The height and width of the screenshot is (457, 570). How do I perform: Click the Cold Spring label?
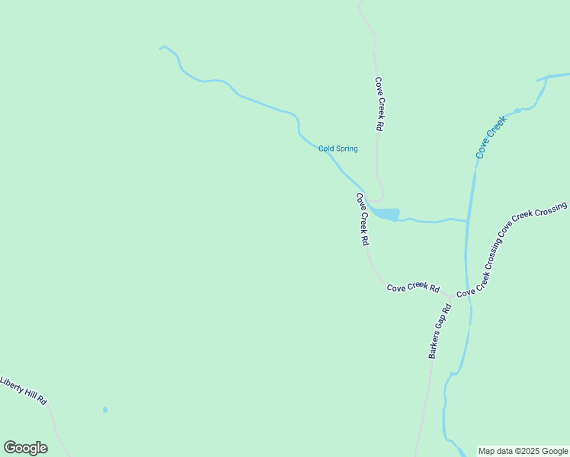click(338, 149)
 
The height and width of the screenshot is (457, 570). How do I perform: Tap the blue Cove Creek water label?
click(491, 137)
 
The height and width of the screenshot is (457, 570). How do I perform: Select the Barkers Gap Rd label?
click(440, 331)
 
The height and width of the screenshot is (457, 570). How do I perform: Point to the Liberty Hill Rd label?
click(24, 390)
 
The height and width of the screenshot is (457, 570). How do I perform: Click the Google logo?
click(25, 448)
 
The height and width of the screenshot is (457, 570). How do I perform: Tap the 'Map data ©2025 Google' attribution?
click(523, 451)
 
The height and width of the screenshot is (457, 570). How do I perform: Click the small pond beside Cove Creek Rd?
click(386, 213)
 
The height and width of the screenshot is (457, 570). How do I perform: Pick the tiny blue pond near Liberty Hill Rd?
click(105, 410)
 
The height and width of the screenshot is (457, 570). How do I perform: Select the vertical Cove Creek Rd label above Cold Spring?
click(378, 104)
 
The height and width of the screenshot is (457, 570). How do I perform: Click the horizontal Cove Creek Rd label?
click(413, 288)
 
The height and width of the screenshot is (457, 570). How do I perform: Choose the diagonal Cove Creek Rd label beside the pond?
click(363, 219)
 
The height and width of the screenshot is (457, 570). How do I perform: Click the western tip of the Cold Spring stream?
click(160, 48)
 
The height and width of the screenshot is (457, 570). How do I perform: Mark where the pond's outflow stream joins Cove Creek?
click(466, 222)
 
